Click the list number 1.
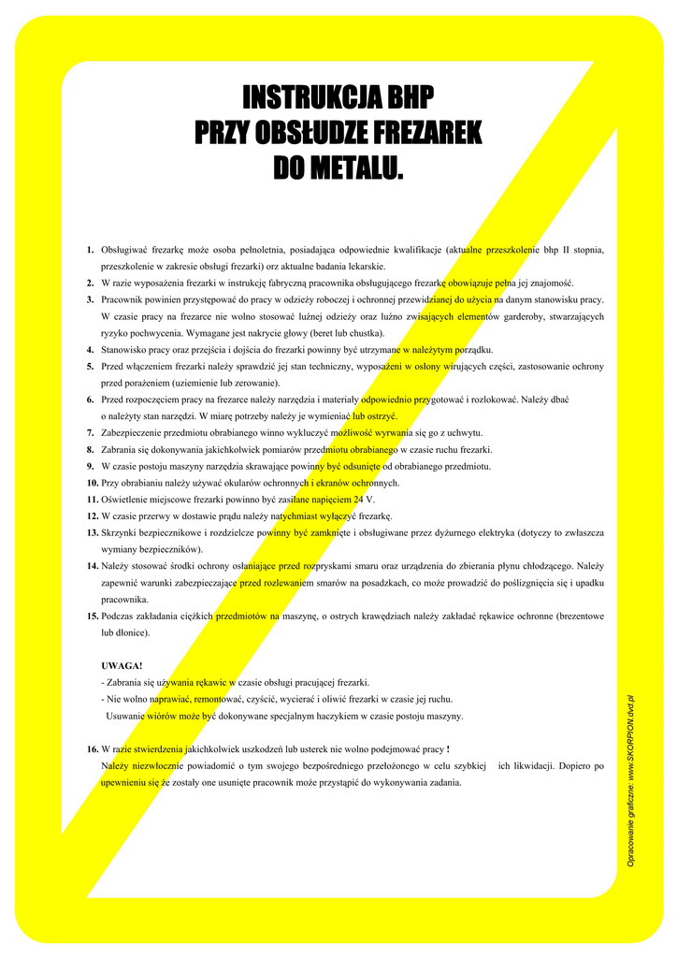point(90,250)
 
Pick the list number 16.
point(93,749)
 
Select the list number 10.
point(93,483)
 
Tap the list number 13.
point(93,532)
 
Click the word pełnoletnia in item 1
point(270,250)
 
